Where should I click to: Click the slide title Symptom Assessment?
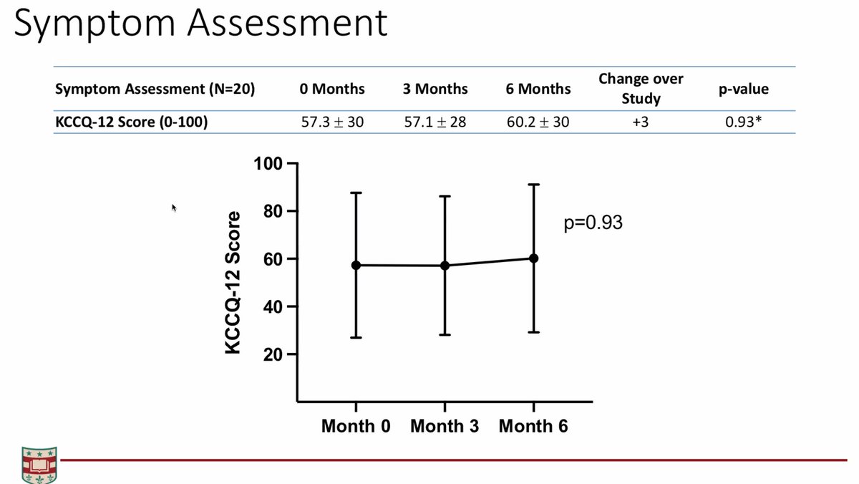(200, 24)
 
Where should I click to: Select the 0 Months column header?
(332, 89)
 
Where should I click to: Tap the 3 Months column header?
(435, 89)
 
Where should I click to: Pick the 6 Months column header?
(538, 89)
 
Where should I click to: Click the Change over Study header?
(641, 89)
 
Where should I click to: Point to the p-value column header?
(744, 89)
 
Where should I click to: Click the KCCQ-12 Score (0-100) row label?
(132, 122)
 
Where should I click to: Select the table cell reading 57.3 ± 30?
(332, 122)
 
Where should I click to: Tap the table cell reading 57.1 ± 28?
(435, 122)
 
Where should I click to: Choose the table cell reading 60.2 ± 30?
(538, 122)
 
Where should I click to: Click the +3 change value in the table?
(641, 122)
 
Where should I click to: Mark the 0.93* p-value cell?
(744, 122)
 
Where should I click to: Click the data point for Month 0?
(356, 265)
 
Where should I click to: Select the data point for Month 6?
(533, 258)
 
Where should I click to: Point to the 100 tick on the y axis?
(268, 164)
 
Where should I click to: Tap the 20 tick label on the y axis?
(273, 354)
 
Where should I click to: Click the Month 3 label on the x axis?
(445, 426)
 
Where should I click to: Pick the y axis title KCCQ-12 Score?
(233, 283)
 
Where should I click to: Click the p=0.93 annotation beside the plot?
(593, 223)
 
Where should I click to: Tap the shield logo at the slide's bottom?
(39, 465)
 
